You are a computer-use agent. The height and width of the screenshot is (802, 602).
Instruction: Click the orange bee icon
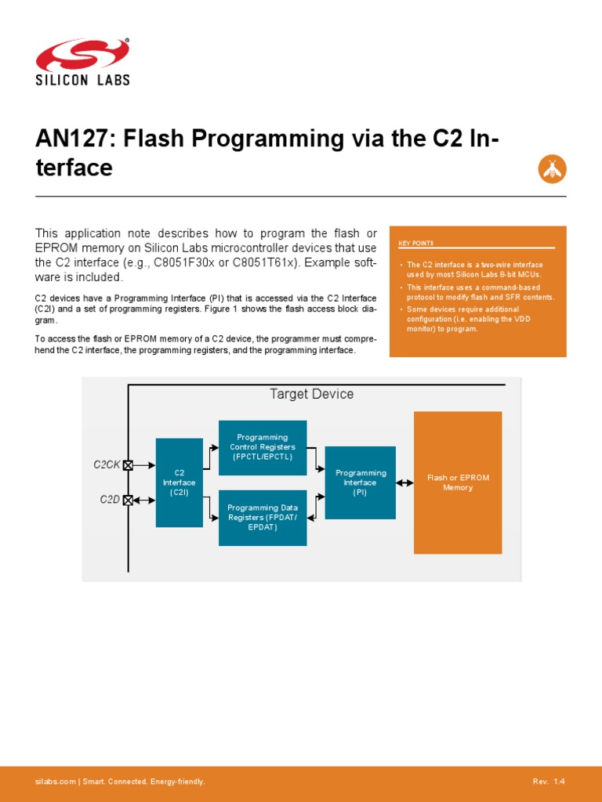click(552, 168)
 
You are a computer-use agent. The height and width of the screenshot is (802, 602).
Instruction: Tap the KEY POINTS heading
click(421, 244)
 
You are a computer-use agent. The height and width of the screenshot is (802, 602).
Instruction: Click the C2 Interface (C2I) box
click(179, 482)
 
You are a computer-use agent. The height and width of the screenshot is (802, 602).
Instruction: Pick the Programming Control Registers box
click(262, 447)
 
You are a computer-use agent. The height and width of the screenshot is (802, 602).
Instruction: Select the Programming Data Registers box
click(262, 518)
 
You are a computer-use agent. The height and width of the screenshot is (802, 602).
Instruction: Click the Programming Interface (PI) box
click(360, 482)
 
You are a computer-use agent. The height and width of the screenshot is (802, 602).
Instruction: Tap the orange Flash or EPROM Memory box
click(458, 482)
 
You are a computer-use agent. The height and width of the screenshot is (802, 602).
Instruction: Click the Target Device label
click(311, 394)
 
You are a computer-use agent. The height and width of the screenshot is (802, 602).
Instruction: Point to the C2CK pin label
click(107, 464)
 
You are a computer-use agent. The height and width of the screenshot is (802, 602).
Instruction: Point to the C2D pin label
click(109, 500)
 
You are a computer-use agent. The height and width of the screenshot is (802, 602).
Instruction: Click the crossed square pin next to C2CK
click(128, 464)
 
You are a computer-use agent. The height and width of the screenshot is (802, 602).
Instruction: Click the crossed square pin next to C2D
click(128, 500)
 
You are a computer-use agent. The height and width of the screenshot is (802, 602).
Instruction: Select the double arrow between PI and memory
click(404, 483)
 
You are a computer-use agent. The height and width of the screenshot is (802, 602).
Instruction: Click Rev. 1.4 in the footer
click(548, 782)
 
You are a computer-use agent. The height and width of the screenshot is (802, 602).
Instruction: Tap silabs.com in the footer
click(55, 782)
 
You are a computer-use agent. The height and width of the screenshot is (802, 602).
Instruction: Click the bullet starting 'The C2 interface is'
click(473, 270)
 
